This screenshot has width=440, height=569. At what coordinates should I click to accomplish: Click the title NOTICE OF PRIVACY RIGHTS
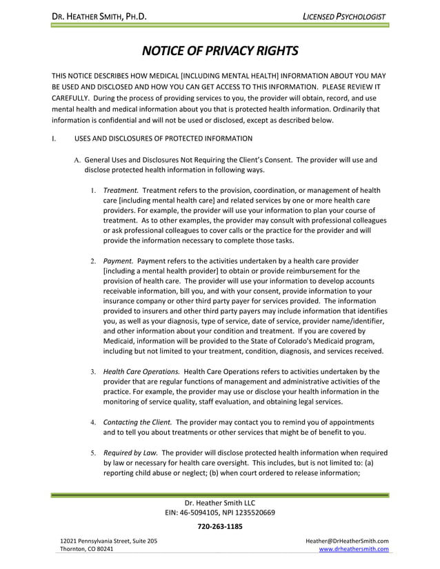[220, 51]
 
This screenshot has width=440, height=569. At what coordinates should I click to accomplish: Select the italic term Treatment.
[121, 189]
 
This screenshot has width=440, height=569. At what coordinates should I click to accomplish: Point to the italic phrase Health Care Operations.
[141, 371]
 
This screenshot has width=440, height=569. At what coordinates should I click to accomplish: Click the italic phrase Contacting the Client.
[138, 422]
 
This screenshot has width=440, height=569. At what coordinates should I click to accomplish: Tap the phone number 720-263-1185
[220, 526]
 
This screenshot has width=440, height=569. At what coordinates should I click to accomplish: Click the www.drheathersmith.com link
[354, 549]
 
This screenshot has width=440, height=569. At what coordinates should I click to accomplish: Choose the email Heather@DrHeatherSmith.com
[347, 541]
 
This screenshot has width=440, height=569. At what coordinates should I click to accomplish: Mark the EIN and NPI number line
[220, 512]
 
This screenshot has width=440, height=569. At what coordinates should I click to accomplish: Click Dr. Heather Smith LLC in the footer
[220, 502]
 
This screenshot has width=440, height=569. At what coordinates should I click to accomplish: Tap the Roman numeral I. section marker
[53, 139]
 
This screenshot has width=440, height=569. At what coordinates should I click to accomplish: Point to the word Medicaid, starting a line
[121, 340]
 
